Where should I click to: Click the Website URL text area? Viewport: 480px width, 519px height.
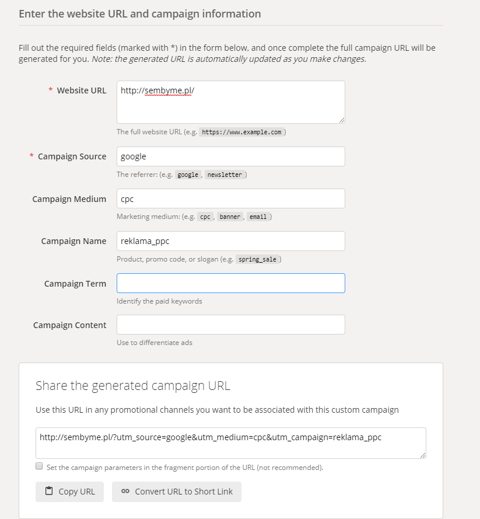[x=230, y=102]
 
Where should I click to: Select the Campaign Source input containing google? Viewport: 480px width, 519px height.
[x=230, y=156]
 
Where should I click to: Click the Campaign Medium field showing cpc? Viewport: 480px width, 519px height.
[x=230, y=198]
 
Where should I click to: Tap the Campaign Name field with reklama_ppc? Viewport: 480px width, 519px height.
[x=230, y=241]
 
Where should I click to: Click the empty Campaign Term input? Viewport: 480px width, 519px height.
[x=230, y=283]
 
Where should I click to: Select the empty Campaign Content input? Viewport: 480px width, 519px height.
[x=230, y=325]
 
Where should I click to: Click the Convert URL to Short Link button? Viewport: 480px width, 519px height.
[x=177, y=492]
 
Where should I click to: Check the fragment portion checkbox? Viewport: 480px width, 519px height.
[x=39, y=466]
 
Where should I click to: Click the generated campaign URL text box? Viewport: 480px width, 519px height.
[x=230, y=443]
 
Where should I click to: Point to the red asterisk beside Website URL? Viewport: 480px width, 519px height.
[x=51, y=90]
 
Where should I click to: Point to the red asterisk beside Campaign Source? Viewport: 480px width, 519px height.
[x=31, y=156]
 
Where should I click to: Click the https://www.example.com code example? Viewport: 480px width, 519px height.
[x=242, y=132]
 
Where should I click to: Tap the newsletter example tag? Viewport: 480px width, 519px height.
[x=224, y=175]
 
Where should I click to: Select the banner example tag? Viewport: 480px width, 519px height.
[x=230, y=217]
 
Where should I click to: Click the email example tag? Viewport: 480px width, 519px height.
[x=258, y=217]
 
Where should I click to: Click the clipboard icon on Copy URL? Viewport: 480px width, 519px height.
[x=49, y=491]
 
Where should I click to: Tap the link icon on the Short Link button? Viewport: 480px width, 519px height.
[x=125, y=492]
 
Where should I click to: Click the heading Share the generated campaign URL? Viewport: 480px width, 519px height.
[x=133, y=385]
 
